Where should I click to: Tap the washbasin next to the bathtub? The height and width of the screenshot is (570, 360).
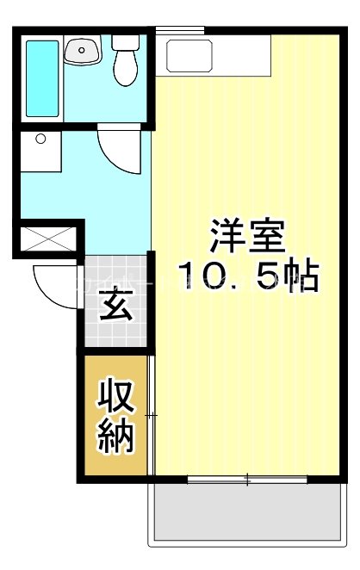click(x=83, y=52)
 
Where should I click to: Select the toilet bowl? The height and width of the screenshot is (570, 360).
click(x=127, y=71)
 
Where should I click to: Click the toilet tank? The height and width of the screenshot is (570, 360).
click(x=127, y=43)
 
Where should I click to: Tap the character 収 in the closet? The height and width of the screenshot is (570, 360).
click(x=115, y=398)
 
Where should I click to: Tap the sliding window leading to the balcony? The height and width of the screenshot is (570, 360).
click(x=248, y=479)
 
